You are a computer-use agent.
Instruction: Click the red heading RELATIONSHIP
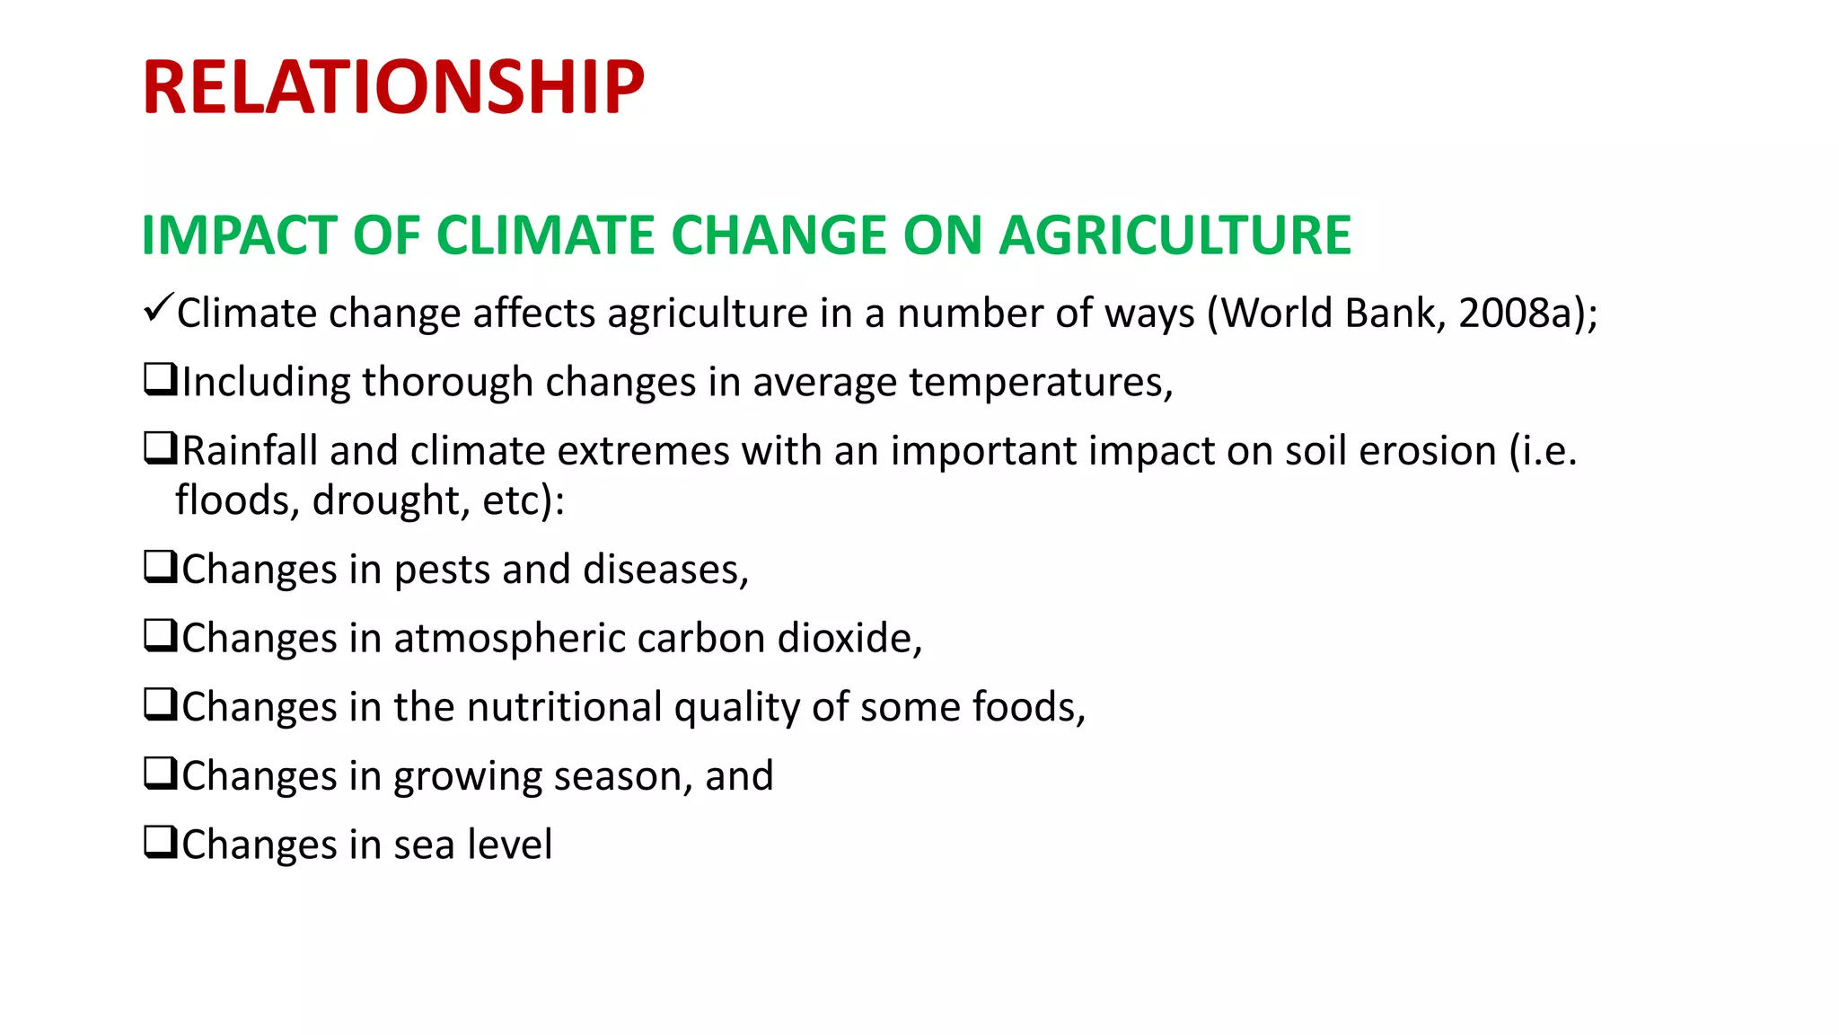(392, 88)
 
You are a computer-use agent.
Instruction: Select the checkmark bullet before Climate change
(157, 309)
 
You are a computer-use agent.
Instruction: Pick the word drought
(391, 500)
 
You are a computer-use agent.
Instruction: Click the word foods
(1024, 707)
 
